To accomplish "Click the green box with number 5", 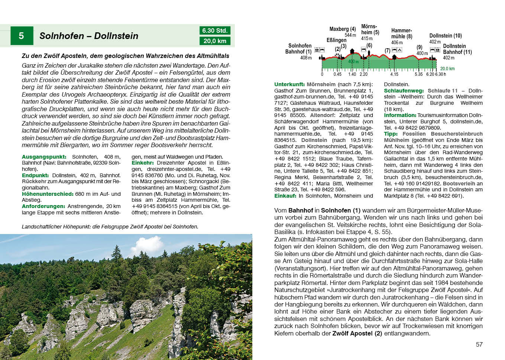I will pyautogui.click(x=22, y=36).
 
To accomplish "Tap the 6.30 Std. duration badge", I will pyautogui.click(x=215, y=30).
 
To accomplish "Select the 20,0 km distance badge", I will pyautogui.click(x=215, y=41).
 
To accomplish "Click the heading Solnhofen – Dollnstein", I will pyautogui.click(x=89, y=36).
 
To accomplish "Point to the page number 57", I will pyautogui.click(x=479, y=344).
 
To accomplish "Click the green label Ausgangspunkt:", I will pyautogui.click(x=44, y=157).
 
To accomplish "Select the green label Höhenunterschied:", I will pyautogui.click(x=48, y=194).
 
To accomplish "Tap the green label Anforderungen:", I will pyautogui.click(x=43, y=206).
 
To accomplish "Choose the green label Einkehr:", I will pyautogui.click(x=143, y=163).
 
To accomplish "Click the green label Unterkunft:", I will pyautogui.click(x=289, y=84).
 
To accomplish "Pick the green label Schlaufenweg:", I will pyautogui.click(x=404, y=91).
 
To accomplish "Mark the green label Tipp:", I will pyautogui.click(x=391, y=134).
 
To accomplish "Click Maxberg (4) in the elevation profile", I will pyautogui.click(x=342, y=29).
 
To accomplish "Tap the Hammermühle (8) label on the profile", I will pyautogui.click(x=401, y=33).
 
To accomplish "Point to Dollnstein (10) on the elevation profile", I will pyautogui.click(x=445, y=36).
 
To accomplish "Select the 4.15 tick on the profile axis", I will pyautogui.click(x=394, y=74).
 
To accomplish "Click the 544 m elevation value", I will pyautogui.click(x=350, y=35).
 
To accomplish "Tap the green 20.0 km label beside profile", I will pyautogui.click(x=447, y=69).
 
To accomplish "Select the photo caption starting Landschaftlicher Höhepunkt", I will pyautogui.click(x=110, y=227).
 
